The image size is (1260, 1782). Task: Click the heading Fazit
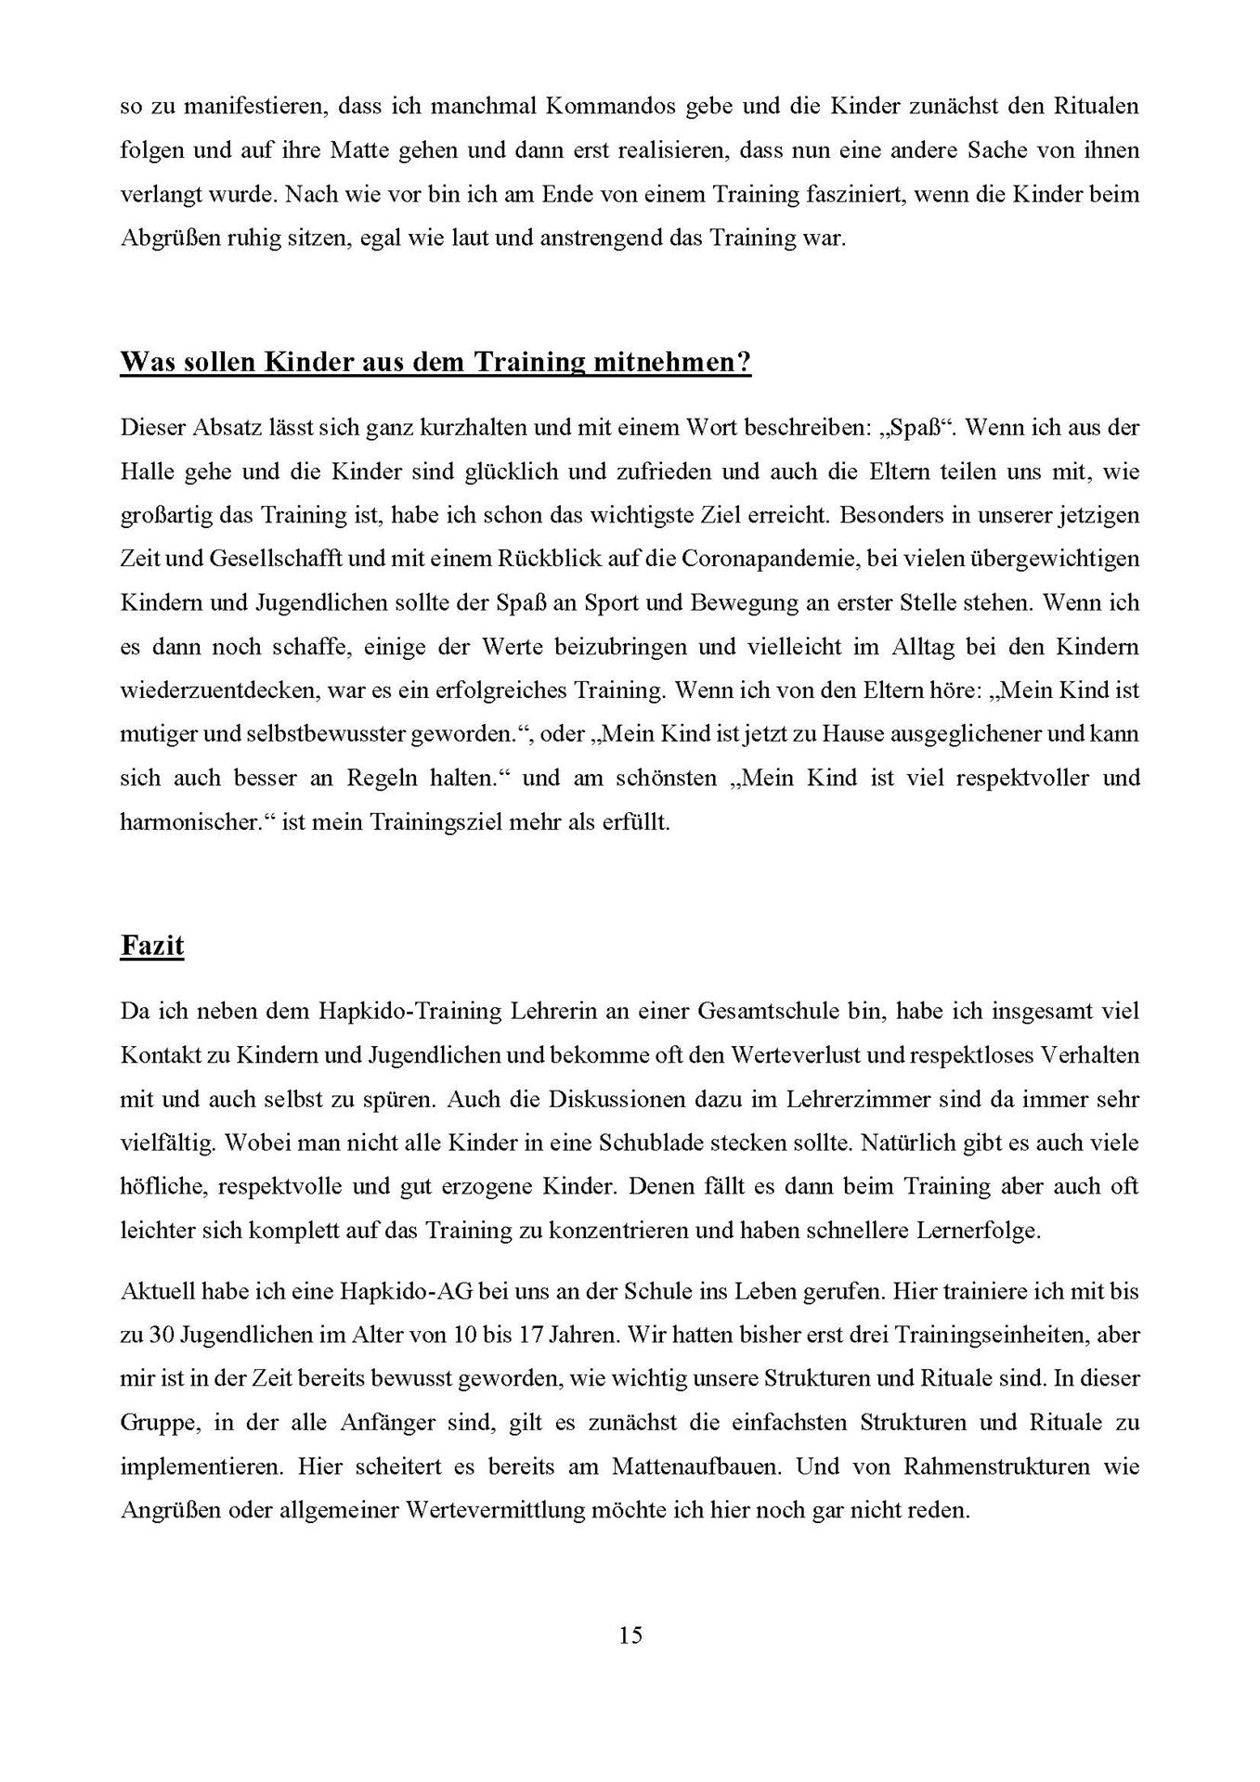click(152, 946)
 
